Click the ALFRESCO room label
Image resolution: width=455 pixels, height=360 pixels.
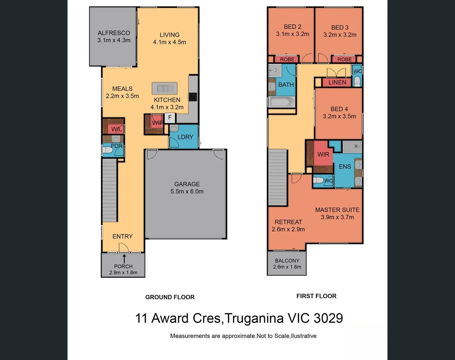tap(114, 33)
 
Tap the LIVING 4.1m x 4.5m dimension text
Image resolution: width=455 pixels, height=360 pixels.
tap(169, 42)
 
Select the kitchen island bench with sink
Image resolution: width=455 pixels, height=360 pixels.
tap(165, 88)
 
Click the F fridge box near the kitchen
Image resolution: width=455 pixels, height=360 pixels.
tap(170, 117)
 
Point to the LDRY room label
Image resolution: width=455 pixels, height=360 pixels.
tap(185, 137)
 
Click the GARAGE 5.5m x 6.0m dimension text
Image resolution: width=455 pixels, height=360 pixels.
tap(187, 191)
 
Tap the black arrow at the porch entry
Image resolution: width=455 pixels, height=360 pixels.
tap(124, 258)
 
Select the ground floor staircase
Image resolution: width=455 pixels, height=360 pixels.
tap(110, 190)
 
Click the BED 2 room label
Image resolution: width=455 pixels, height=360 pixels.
tap(292, 27)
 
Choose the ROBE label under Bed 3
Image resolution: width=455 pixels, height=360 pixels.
tap(344, 59)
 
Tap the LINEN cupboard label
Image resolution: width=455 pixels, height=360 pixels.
tap(337, 82)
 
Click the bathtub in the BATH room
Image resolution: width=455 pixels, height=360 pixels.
tap(282, 102)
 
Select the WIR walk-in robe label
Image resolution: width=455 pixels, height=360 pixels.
tap(323, 154)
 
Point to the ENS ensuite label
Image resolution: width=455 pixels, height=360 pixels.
tap(345, 167)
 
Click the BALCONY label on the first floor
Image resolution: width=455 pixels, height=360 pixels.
tap(287, 261)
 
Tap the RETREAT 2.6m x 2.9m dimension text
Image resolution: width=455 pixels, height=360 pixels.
tap(288, 229)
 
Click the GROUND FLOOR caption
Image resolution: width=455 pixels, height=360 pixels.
tap(170, 297)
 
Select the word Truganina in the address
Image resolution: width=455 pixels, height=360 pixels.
tap(255, 318)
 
